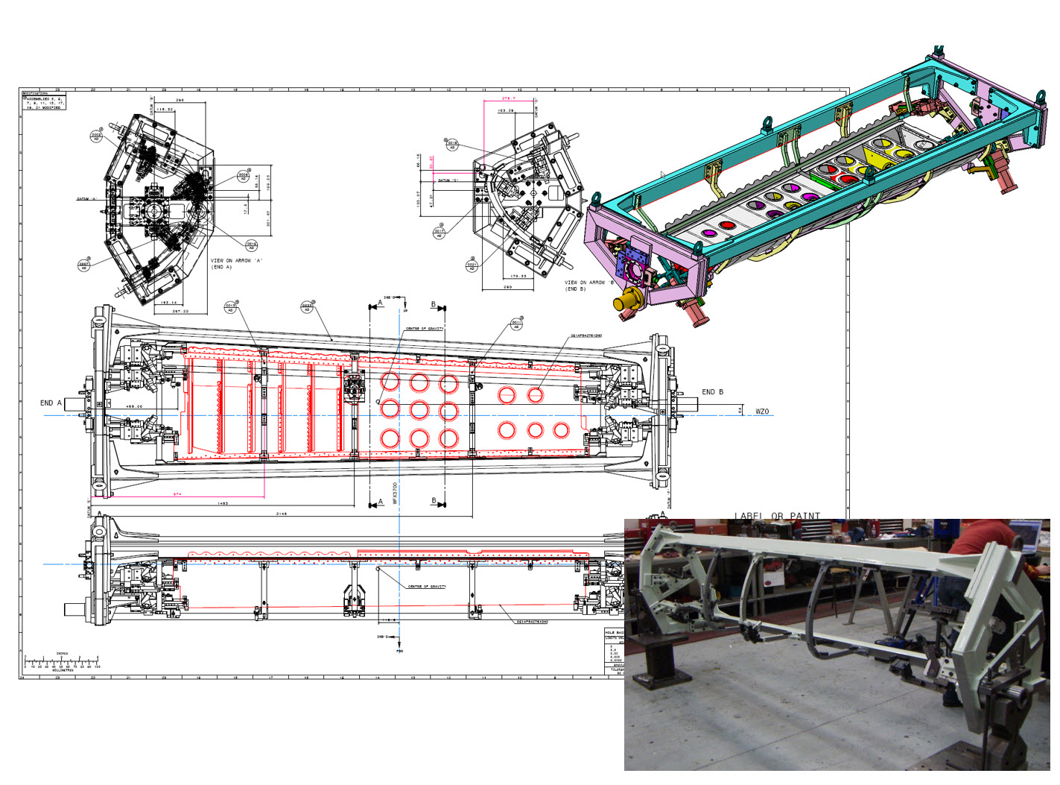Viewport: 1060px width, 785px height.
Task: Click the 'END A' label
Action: tap(51, 403)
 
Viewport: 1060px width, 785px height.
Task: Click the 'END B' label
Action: tap(712, 392)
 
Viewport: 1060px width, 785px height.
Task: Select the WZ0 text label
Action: tap(761, 412)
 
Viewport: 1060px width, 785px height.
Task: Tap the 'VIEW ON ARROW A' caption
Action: tap(236, 264)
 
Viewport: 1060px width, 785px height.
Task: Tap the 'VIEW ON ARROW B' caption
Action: tap(589, 286)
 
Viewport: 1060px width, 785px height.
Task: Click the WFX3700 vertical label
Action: tap(395, 493)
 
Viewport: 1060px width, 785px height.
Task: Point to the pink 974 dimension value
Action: tap(177, 494)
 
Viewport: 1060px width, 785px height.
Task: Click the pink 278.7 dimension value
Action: tap(509, 98)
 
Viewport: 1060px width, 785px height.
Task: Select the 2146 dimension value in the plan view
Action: tap(282, 514)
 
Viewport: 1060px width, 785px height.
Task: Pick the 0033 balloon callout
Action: tap(307, 306)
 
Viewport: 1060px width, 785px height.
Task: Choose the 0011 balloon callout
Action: tap(516, 324)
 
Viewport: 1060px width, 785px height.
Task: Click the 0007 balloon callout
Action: tap(84, 265)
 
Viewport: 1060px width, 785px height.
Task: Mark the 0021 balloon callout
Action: tap(472, 265)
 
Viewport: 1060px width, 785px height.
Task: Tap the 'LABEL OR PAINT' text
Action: tap(777, 516)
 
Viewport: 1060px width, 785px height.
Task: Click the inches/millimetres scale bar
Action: tap(62, 662)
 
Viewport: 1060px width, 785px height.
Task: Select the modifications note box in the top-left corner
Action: tap(43, 101)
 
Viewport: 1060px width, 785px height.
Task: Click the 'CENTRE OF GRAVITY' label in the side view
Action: tap(427, 587)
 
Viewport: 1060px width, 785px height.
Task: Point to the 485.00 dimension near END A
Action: tap(134, 406)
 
